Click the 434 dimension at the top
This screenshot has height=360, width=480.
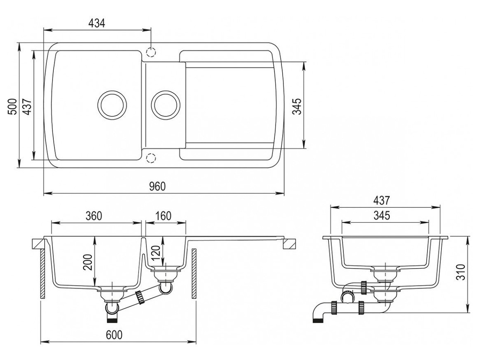pyautogui.click(x=97, y=23)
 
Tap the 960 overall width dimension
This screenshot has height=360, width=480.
pyautogui.click(x=157, y=187)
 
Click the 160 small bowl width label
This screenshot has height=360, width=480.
pyautogui.click(x=163, y=216)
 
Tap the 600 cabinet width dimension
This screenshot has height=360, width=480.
pyautogui.click(x=114, y=335)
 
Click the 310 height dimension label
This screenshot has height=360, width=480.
pyautogui.click(x=462, y=272)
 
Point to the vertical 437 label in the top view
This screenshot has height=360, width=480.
pyautogui.click(x=27, y=106)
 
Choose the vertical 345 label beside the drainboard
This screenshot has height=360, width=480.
pyautogui.click(x=297, y=106)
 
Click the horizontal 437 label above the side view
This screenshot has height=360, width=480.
pyautogui.click(x=381, y=201)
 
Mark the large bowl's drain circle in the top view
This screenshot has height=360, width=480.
pyautogui.click(x=111, y=105)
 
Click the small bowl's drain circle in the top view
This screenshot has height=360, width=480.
pyautogui.click(x=166, y=105)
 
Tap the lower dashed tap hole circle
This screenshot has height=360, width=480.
pyautogui.click(x=151, y=158)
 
